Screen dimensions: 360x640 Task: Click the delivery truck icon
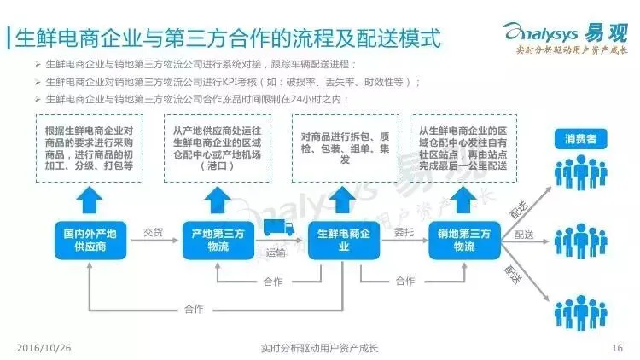(x=279, y=228)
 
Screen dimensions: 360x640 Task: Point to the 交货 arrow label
(x=154, y=231)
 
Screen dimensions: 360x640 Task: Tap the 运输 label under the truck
(x=276, y=252)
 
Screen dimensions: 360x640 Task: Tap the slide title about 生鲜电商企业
(x=226, y=38)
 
